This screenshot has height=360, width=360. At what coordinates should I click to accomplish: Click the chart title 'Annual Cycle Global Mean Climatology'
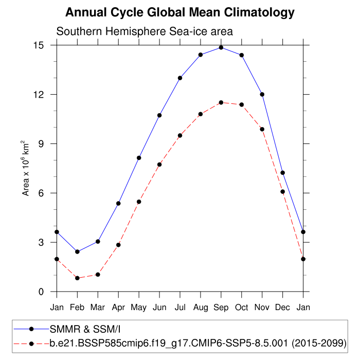point(181,12)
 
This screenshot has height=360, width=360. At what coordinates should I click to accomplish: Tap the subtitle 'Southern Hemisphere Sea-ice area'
point(145,31)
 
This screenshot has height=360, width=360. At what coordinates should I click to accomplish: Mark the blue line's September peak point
point(221,47)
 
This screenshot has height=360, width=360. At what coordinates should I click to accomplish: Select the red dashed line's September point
point(221,102)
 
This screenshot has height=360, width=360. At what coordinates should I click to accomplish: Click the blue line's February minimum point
point(77,251)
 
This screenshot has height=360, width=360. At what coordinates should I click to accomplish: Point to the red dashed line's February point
point(77,278)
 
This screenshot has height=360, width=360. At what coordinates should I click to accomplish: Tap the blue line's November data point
point(262,94)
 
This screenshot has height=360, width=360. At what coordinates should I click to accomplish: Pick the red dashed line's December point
point(283,192)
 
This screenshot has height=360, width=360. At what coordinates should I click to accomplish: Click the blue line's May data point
point(139,158)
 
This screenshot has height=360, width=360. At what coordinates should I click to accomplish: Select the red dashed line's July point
point(180,136)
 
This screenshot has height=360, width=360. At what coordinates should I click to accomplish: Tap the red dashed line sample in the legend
point(31,343)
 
